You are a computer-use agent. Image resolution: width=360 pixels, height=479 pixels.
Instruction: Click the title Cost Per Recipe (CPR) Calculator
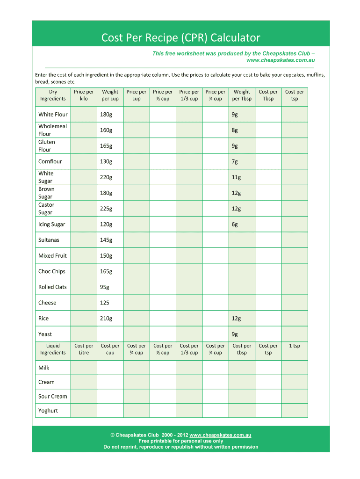(180, 37)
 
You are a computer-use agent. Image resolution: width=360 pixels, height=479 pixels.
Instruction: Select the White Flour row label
(53, 115)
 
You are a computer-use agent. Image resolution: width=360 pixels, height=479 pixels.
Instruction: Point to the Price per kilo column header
(84, 95)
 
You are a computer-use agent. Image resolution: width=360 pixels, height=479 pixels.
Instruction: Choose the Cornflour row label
(50, 161)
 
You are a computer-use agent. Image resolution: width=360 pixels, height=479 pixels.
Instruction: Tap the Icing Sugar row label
(51, 224)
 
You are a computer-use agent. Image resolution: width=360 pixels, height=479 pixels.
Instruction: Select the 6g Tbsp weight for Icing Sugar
(235, 224)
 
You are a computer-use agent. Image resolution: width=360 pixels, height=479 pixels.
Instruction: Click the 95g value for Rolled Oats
(104, 287)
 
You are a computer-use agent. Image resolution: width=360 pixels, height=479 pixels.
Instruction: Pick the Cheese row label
(47, 303)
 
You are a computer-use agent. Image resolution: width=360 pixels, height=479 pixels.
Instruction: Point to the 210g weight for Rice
(106, 319)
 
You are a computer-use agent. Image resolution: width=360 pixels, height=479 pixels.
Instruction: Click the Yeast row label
(45, 334)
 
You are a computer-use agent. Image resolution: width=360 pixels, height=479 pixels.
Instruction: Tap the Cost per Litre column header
(84, 349)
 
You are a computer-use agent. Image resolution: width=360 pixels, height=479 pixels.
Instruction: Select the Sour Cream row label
(53, 396)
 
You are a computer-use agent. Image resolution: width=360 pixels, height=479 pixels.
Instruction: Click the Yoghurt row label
(48, 411)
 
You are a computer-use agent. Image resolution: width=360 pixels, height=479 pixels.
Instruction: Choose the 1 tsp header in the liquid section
(295, 346)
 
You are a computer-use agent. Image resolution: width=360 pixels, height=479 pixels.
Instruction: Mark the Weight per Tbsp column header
(242, 95)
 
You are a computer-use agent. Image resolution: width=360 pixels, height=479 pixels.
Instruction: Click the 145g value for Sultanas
(106, 240)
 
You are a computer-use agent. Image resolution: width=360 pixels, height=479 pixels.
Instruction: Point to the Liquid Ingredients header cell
(53, 349)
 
